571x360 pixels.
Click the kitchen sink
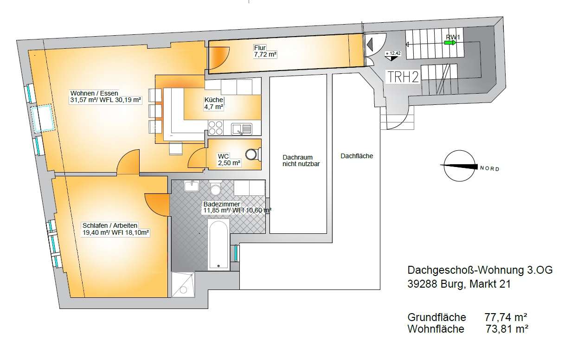click(242, 128)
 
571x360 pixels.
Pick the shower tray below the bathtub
click(184, 284)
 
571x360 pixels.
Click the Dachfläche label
click(356, 156)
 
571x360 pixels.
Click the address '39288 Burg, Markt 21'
click(459, 284)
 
